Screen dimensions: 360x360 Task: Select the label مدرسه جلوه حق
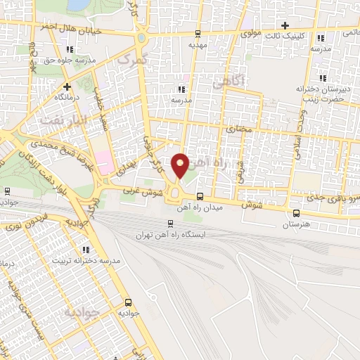[70, 60]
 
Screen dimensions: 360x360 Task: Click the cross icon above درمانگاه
[68, 86]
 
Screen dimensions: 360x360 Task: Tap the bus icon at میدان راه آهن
[200, 196]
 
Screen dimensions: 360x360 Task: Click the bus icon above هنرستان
[295, 213]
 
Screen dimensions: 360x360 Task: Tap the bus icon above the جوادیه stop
[127, 299]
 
